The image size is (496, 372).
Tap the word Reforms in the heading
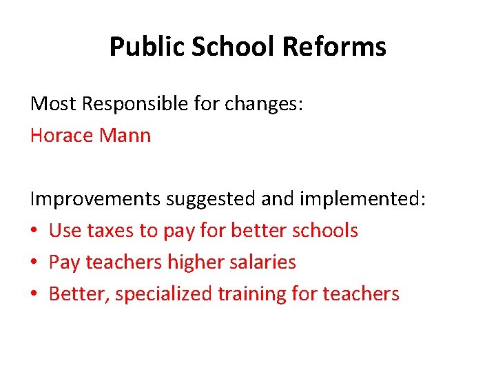pos(334,47)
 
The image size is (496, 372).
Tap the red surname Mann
pos(125,135)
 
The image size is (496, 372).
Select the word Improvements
pos(95,199)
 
